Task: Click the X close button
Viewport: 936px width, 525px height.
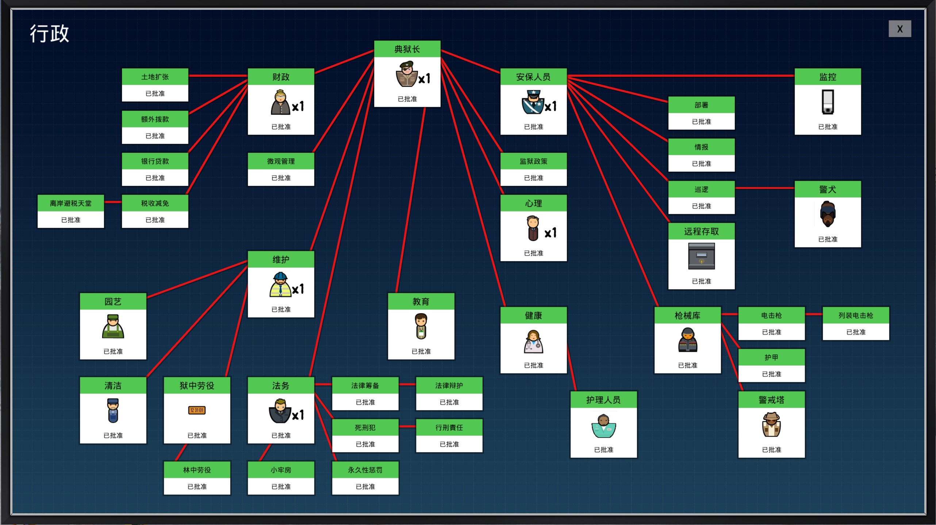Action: click(899, 29)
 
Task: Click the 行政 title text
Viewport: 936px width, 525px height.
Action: click(49, 34)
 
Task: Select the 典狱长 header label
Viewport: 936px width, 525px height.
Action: click(407, 49)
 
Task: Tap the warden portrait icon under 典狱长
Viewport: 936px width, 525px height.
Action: click(406, 75)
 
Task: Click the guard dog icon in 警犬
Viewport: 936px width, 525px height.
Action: click(827, 214)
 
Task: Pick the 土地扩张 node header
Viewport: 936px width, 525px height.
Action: click(155, 77)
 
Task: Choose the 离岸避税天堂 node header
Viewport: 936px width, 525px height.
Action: click(70, 203)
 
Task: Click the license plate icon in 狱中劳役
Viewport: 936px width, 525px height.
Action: click(197, 410)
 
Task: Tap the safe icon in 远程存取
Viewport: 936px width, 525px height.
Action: click(701, 256)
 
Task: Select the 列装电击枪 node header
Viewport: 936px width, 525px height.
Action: click(855, 315)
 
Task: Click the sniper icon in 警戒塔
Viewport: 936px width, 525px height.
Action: click(771, 425)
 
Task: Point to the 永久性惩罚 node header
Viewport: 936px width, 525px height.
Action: click(365, 470)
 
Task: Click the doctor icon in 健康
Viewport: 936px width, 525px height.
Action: click(533, 342)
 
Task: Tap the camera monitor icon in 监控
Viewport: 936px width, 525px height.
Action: click(827, 102)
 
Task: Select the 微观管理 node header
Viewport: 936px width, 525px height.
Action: click(281, 161)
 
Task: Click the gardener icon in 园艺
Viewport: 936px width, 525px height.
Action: click(113, 326)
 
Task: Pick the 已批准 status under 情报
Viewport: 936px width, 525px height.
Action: click(701, 164)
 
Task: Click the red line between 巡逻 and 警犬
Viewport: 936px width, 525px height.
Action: click(764, 188)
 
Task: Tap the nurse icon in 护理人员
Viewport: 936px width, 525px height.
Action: click(603, 426)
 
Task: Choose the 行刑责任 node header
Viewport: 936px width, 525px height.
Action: click(449, 427)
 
